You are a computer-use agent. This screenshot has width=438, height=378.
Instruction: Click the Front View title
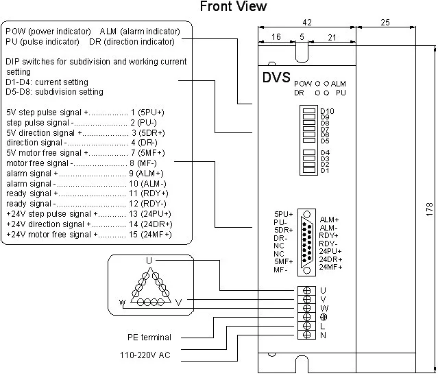click(233, 7)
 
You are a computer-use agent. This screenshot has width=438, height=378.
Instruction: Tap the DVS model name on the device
click(276, 78)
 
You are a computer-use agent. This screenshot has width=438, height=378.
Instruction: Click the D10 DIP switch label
click(327, 110)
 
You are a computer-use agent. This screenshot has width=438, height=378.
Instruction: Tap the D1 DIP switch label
click(325, 170)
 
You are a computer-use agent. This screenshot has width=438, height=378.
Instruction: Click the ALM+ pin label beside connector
click(330, 220)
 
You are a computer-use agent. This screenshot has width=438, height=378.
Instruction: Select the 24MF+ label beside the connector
click(332, 266)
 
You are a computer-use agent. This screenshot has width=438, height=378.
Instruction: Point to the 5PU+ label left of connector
click(283, 214)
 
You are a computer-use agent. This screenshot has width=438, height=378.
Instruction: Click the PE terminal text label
click(149, 337)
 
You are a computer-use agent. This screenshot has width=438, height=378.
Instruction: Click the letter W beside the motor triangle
click(121, 302)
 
